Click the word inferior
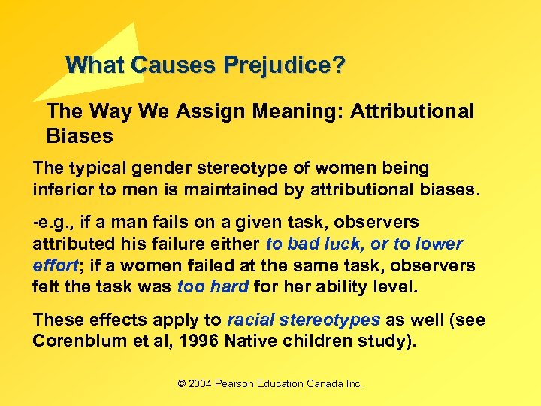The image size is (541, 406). (x=62, y=189)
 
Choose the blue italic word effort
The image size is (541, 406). (x=56, y=265)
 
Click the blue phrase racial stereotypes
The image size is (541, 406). (x=304, y=320)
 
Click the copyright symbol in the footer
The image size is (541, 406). (x=181, y=384)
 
